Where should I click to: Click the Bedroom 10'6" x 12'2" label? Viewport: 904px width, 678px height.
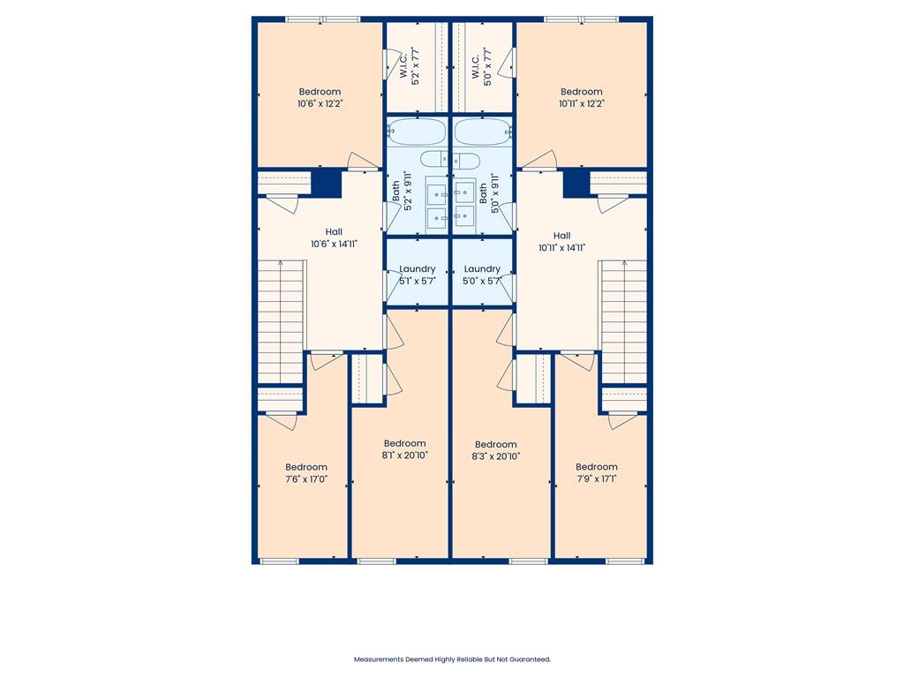click(320, 97)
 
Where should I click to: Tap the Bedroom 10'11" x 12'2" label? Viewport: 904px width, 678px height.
click(582, 97)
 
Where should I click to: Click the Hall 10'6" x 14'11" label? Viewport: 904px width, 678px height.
click(334, 238)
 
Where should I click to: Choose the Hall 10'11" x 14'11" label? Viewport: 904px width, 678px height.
click(561, 242)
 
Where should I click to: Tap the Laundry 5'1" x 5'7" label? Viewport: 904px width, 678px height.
click(418, 275)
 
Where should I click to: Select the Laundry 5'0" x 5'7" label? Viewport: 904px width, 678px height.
click(482, 275)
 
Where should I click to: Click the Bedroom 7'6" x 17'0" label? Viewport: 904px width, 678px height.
click(306, 473)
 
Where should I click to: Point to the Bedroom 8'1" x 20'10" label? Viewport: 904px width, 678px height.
click(404, 449)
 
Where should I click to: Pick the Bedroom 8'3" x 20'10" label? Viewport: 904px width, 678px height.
click(496, 450)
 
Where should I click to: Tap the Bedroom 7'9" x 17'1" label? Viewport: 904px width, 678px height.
click(597, 473)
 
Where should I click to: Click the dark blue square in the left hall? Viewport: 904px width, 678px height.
click(328, 184)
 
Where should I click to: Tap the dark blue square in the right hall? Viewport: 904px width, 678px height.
click(576, 184)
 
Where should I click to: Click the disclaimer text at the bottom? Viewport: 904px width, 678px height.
click(452, 659)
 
